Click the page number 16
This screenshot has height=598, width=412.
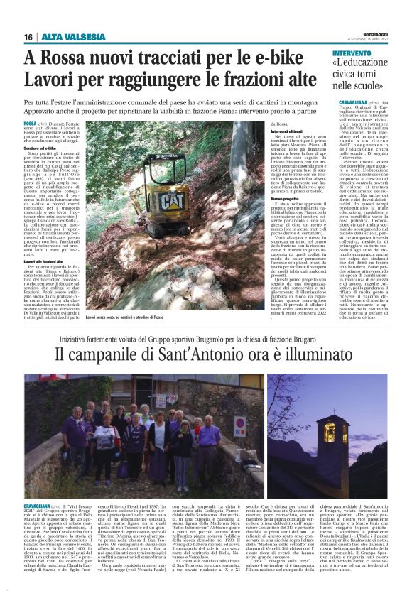pos(28,37)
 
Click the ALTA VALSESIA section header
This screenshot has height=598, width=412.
pos(65,37)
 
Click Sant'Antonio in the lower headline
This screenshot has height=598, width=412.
pos(234,350)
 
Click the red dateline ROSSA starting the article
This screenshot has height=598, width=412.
pos(31,124)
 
